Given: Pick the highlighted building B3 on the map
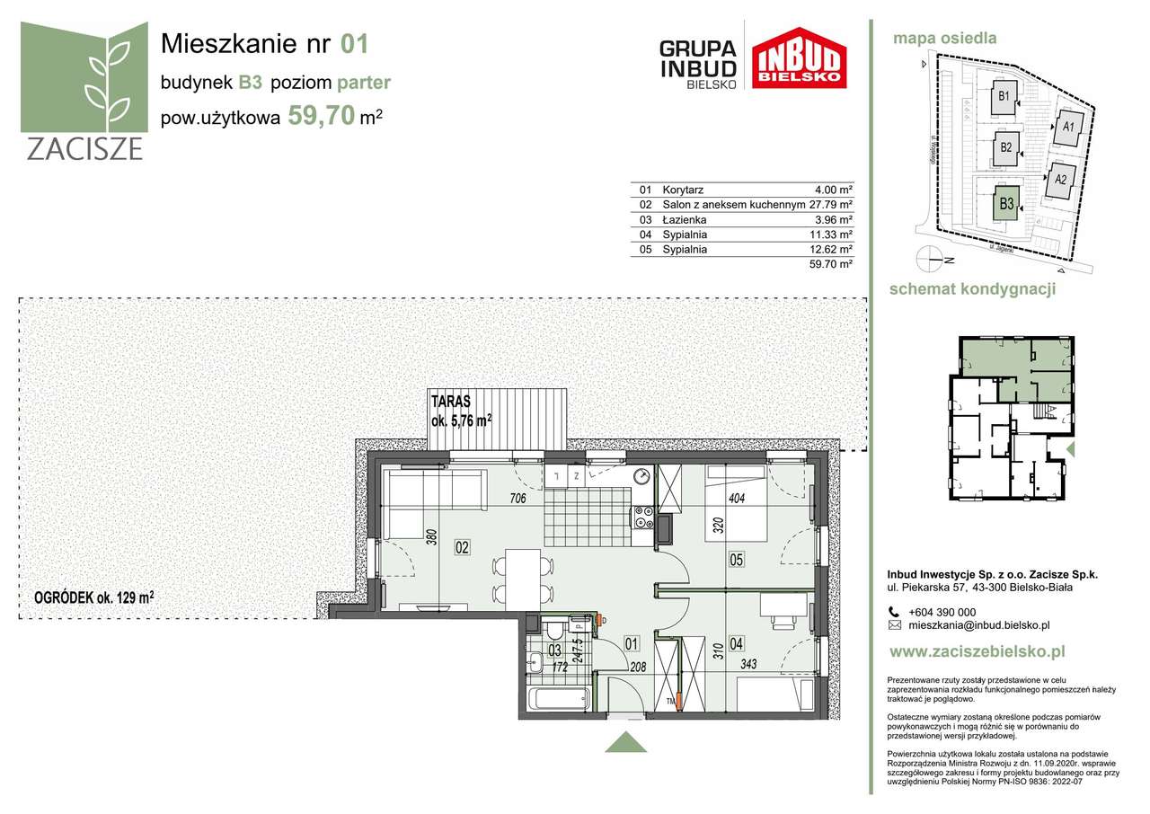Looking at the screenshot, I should [1006, 205].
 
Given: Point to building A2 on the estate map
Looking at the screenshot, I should [1059, 180].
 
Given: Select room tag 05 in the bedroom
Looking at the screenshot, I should [737, 560].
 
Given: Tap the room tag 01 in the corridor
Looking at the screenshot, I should [631, 642].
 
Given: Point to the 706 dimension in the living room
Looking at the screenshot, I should [517, 499].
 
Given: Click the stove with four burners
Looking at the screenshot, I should [643, 517].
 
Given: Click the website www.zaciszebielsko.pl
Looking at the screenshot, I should [976, 651].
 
